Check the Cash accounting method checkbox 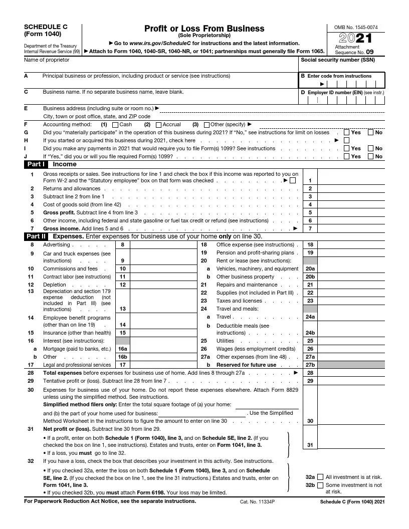115,125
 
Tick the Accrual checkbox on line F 158,125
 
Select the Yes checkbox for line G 347,133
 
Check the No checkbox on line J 370,156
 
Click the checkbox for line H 347,141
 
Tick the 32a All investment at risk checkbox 321,477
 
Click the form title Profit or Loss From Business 204,29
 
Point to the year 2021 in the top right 356,39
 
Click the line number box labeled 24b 310,333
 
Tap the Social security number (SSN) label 337,60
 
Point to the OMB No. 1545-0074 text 356,27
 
